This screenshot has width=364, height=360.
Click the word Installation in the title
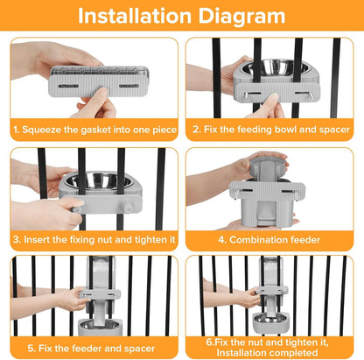pyautogui.click(x=135, y=16)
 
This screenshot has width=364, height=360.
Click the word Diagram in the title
pyautogui.click(x=241, y=17)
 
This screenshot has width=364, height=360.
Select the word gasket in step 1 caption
pyautogui.click(x=96, y=130)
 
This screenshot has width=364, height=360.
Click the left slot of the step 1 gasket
pyautogui.click(x=68, y=86)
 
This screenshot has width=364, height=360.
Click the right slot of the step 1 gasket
pyautogui.click(x=129, y=86)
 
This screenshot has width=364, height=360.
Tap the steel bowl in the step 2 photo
pyautogui.click(x=273, y=67)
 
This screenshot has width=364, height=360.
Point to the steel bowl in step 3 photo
pyautogui.click(x=99, y=180)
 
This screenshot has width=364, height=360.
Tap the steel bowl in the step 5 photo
pyautogui.click(x=99, y=324)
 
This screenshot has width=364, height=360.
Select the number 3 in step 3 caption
pyautogui.click(x=16, y=240)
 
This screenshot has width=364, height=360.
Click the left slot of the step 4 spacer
pyautogui.click(x=245, y=191)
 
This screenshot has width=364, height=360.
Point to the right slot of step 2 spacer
pyautogui.click(x=302, y=94)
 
